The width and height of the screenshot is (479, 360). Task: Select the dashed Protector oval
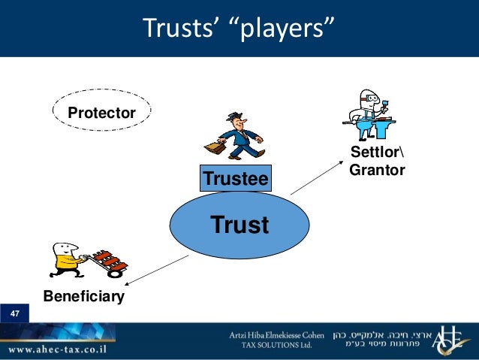point(102,113)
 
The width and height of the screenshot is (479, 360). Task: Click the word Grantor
point(377,171)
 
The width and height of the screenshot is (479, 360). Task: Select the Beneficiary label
point(83,297)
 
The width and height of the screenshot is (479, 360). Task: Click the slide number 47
point(15,313)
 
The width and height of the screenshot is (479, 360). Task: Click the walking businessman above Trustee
point(241,136)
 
